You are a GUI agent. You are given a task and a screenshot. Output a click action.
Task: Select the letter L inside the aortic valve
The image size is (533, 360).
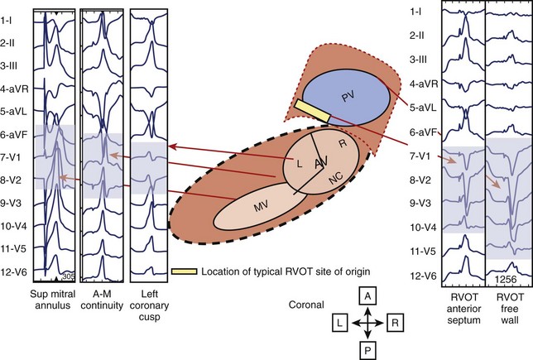299,164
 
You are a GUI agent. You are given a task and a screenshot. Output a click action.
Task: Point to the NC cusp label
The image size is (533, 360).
335,177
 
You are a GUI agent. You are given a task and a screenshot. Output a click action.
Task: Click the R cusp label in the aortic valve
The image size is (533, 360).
343,143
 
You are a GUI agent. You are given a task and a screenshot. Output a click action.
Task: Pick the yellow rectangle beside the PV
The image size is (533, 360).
313,111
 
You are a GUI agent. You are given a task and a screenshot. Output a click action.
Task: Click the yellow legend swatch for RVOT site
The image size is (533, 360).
184,271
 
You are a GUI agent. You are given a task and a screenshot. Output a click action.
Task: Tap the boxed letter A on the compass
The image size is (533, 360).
367,295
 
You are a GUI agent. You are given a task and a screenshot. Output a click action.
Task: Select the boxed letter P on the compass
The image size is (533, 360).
367,350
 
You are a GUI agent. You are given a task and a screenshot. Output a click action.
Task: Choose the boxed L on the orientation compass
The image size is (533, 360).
340,323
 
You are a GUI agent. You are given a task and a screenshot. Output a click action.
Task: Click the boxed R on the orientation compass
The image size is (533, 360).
395,323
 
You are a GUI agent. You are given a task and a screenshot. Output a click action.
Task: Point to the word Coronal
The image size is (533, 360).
306,305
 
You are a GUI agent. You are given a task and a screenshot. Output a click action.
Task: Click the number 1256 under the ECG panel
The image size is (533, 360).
506,280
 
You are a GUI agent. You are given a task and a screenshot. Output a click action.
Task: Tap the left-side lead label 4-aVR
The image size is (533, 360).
14,89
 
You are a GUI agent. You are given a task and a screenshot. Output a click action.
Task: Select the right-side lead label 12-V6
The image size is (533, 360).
423,276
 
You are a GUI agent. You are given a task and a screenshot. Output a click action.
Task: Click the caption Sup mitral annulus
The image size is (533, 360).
53,300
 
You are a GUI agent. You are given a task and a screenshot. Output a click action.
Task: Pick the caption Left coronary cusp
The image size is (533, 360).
149,305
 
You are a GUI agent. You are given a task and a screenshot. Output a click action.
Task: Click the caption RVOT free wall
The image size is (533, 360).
510,309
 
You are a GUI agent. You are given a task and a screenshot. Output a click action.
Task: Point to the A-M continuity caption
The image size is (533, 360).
102,300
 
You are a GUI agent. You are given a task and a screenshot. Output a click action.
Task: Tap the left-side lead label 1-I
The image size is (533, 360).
7,20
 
